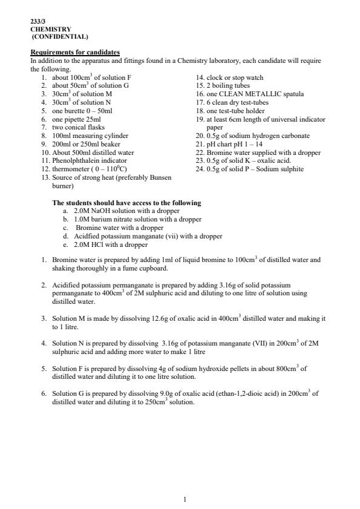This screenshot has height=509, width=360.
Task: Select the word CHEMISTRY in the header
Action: (51, 29)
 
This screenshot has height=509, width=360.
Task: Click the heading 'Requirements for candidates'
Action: (75, 52)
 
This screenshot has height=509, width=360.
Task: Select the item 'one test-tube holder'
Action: (236, 111)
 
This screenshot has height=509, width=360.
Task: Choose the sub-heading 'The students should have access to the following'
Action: (126, 203)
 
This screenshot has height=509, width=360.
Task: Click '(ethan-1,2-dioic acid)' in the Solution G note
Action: (244, 393)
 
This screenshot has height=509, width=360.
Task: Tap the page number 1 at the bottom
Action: (185, 499)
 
